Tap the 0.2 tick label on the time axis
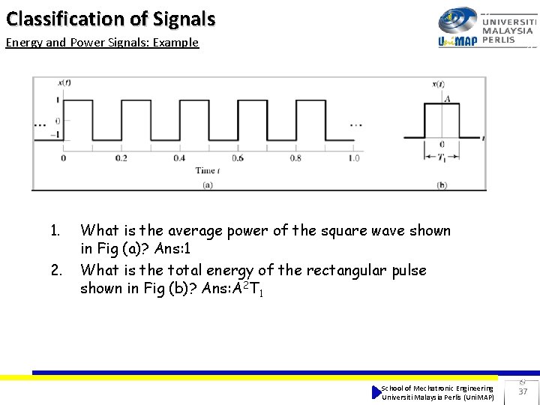(x=121, y=158)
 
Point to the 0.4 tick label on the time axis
(x=179, y=158)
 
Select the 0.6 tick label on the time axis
(x=237, y=158)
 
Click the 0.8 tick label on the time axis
(x=295, y=158)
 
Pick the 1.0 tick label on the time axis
(x=353, y=158)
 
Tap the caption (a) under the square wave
(x=208, y=184)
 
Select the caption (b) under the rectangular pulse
(x=442, y=184)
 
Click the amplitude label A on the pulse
(x=447, y=98)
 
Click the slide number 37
(x=523, y=391)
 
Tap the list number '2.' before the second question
(x=55, y=270)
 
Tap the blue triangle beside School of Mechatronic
(x=376, y=392)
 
